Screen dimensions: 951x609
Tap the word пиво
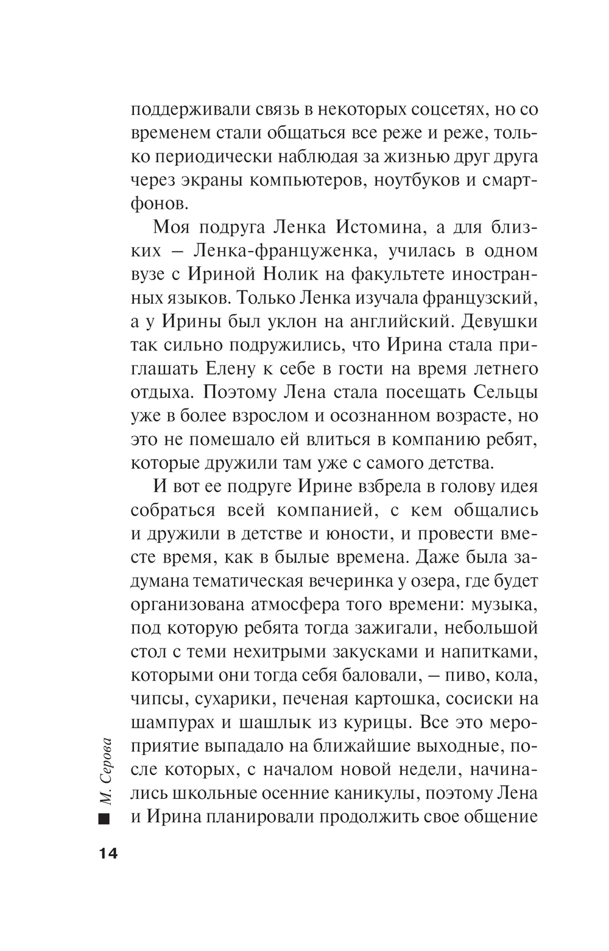pos(470,675)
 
